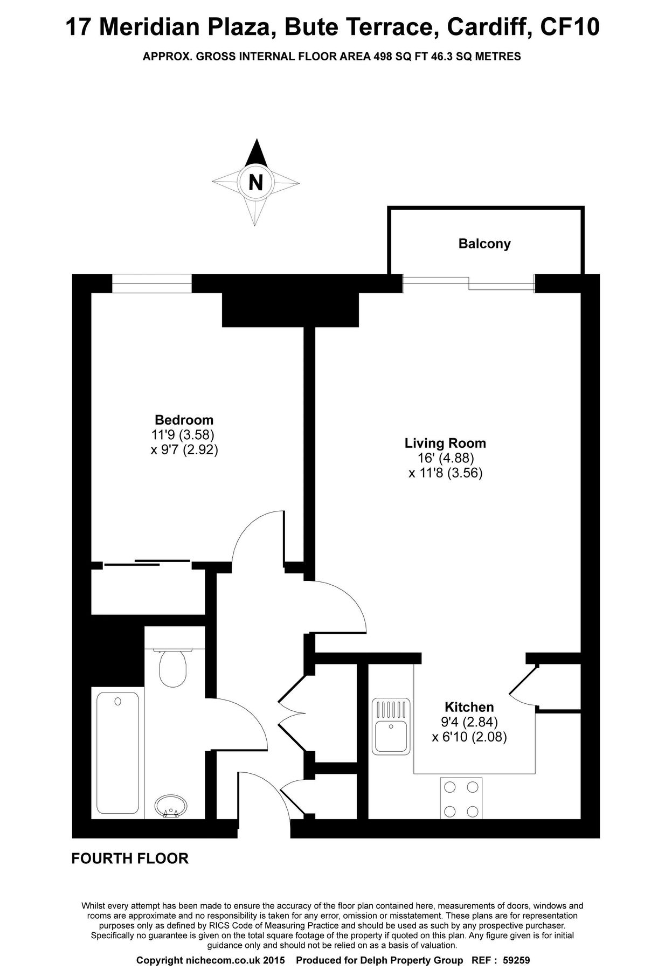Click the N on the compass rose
click(x=256, y=183)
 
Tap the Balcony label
click(x=484, y=244)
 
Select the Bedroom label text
click(x=184, y=420)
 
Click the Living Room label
click(x=445, y=444)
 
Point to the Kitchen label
click(x=469, y=707)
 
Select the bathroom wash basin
click(x=171, y=807)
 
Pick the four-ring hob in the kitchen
click(x=461, y=798)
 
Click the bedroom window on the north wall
click(x=151, y=283)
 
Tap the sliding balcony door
click(x=469, y=283)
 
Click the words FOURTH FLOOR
click(x=130, y=858)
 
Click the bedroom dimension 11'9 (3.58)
click(x=183, y=434)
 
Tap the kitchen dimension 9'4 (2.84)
click(x=469, y=722)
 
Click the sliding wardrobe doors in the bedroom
click(x=147, y=563)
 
